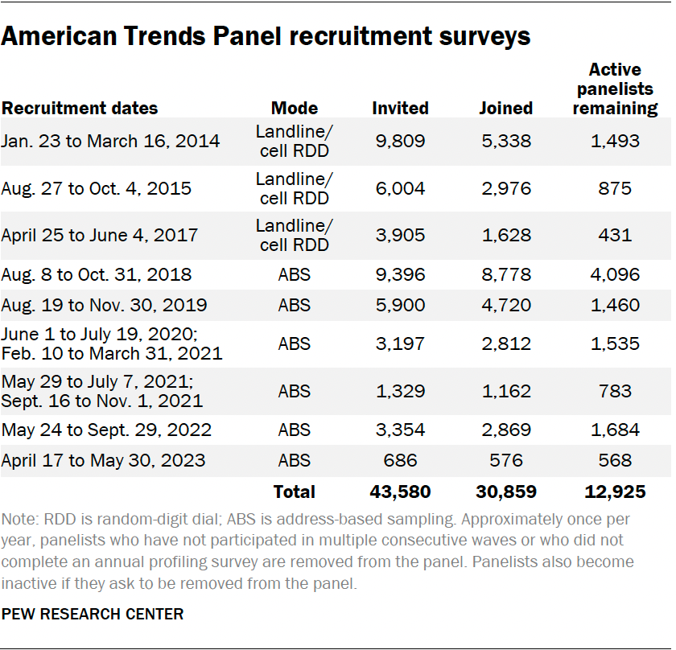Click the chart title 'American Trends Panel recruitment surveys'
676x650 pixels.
(x=266, y=36)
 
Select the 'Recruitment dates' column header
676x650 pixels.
(x=80, y=108)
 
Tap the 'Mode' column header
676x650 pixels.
(x=295, y=108)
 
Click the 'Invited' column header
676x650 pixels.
(x=400, y=108)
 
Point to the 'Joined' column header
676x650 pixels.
(x=505, y=108)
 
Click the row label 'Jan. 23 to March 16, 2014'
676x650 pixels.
(x=110, y=141)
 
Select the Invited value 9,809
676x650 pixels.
(x=400, y=141)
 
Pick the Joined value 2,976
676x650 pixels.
(x=505, y=188)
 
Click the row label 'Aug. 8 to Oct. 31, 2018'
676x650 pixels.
(x=97, y=274)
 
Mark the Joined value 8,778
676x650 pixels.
(x=505, y=274)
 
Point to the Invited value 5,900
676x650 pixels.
(x=400, y=305)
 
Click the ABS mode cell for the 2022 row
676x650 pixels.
(x=295, y=430)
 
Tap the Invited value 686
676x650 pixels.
(x=400, y=461)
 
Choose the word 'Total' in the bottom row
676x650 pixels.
(x=295, y=492)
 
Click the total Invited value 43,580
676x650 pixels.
(x=400, y=492)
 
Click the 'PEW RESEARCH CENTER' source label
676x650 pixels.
(x=93, y=614)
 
